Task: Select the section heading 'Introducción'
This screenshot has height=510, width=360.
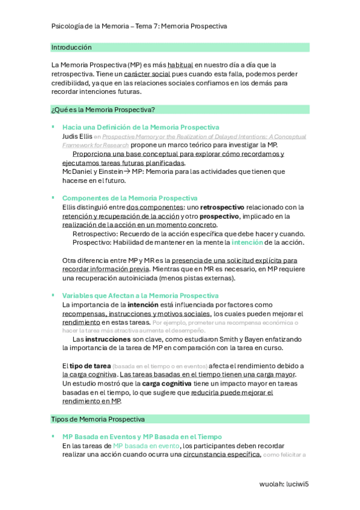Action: pos(72,47)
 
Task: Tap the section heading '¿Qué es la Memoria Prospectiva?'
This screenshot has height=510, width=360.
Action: pos(103,109)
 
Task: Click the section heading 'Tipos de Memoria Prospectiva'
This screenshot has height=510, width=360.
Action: pos(98,419)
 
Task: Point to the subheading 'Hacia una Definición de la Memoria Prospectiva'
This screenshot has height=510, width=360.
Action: pos(141,127)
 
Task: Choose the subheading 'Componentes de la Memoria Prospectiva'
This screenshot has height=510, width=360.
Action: pos(130,198)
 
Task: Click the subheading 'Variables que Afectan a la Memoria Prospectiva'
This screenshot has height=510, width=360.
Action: pos(141,296)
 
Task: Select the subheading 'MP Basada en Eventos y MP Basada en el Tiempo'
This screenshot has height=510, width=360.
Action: pos(142,437)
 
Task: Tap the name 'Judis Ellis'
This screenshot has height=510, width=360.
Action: pos(77,136)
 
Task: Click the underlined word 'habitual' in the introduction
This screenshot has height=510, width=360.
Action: pos(180,64)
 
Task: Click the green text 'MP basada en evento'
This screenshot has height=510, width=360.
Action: pos(146,446)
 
